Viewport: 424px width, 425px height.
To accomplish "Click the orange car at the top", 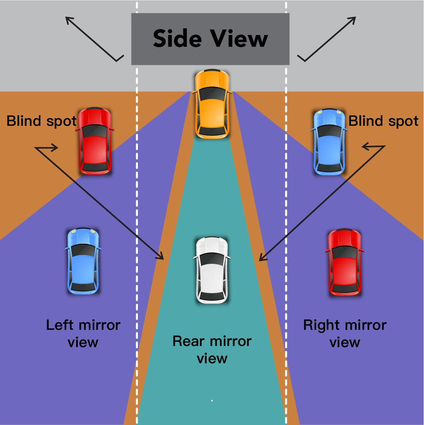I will [212, 104].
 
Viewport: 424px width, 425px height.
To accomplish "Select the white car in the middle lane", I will [212, 270].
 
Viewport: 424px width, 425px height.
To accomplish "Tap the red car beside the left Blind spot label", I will [95, 141].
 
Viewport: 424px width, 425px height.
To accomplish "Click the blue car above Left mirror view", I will [83, 261].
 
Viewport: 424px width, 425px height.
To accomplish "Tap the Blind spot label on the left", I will [41, 121].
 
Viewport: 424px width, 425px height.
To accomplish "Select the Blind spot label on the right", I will [383, 121].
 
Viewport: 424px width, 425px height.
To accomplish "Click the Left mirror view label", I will [83, 333].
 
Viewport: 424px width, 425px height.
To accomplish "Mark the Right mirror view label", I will [345, 333].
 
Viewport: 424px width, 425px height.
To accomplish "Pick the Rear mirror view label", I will [212, 349].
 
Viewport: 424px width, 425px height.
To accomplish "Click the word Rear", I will [187, 341].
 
